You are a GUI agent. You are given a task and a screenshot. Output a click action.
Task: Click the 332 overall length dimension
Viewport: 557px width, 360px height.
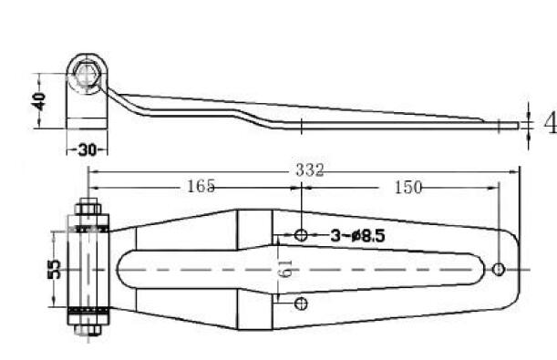click(310, 170)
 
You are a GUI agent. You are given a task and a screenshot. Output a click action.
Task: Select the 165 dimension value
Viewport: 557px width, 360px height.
click(201, 186)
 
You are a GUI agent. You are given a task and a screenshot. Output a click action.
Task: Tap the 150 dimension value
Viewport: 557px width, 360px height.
click(408, 187)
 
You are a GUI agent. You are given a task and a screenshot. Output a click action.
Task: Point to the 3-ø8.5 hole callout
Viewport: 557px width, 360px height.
click(357, 235)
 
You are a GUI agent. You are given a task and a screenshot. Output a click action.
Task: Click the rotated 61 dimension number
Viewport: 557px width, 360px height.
click(286, 269)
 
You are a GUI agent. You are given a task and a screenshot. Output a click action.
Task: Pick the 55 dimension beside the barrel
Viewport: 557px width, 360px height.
click(54, 269)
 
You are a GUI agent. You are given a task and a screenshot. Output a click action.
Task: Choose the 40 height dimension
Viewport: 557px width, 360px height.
click(38, 101)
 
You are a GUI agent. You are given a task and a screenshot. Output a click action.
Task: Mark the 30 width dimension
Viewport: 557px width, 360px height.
click(87, 149)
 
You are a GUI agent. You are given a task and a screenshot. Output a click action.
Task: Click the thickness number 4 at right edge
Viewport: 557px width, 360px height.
click(551, 124)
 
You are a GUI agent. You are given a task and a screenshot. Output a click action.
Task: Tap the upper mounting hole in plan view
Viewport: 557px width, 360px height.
click(301, 234)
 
